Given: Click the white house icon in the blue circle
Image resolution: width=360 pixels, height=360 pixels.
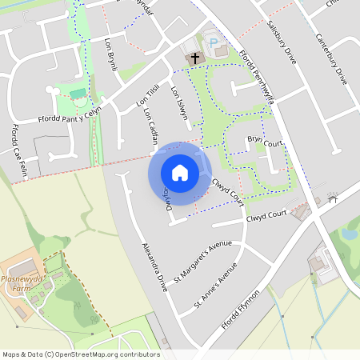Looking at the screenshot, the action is click(x=180, y=172).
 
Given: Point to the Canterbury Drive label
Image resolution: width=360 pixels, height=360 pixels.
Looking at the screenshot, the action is click(x=330, y=60).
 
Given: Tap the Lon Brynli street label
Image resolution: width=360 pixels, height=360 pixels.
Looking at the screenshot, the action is click(x=110, y=54).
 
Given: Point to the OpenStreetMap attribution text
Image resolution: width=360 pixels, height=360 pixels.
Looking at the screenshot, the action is click(x=80, y=354).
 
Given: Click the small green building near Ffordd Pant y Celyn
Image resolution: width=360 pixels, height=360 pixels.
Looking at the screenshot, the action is click(x=77, y=94).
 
